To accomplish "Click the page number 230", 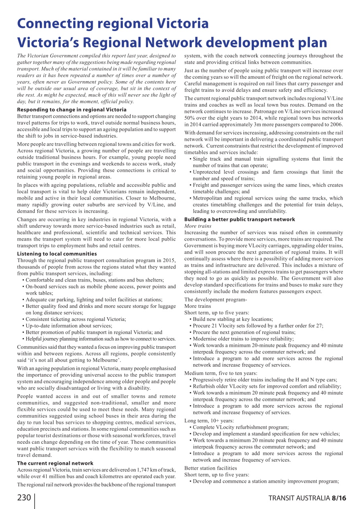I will (24, 498).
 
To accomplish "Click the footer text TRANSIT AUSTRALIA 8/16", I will (307, 498).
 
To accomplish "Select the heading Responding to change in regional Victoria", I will (72, 109).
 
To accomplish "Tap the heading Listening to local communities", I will (57, 254).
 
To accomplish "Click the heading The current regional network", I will (55, 463).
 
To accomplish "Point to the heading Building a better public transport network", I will (239, 219).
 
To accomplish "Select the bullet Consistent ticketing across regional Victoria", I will (76, 319).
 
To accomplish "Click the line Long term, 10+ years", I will (209, 421).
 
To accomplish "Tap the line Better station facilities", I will (210, 468).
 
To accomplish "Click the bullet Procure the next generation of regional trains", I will (244, 332).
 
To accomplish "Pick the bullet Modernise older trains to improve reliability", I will (243, 339).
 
